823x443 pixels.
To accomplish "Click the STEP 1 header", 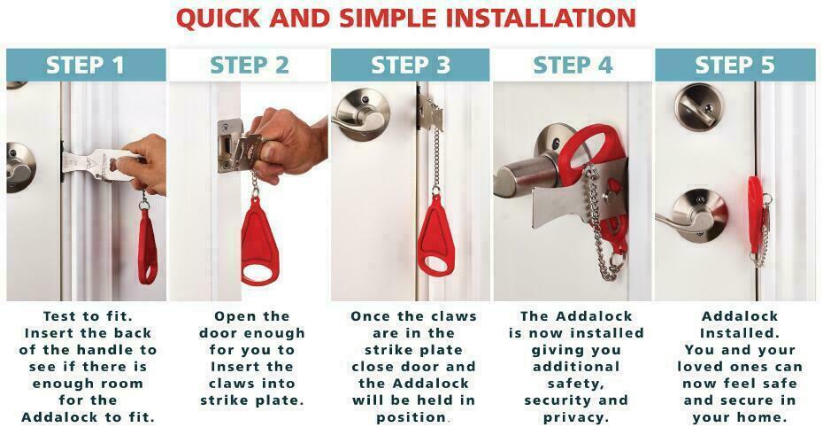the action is (86, 66).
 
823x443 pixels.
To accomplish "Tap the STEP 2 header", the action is (250, 66).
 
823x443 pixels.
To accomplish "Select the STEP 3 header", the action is (411, 66).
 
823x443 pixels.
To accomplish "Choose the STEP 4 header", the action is (573, 66).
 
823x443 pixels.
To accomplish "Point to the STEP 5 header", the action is (735, 66).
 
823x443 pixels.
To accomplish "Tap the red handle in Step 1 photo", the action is (148, 247).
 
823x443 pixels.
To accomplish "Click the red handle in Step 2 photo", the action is (258, 243).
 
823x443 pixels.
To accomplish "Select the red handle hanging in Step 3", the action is (435, 237).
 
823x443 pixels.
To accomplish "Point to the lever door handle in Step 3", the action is (360, 115).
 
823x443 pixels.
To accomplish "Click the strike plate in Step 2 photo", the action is (230, 145).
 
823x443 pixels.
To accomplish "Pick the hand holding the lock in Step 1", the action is (142, 163).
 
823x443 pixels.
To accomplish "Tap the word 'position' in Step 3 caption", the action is (411, 417).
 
